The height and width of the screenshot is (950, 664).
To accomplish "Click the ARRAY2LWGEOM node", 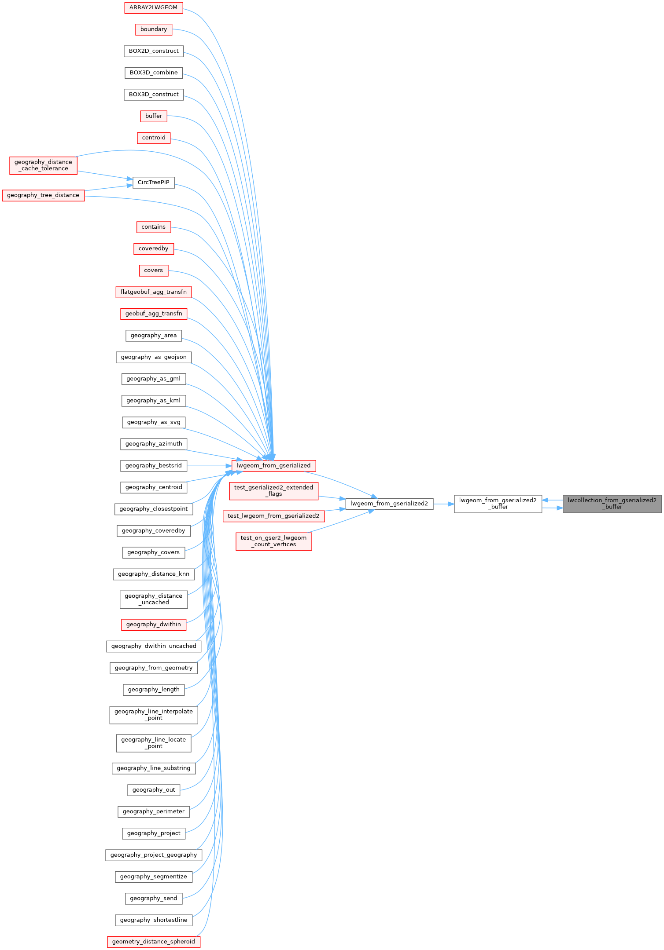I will (153, 7).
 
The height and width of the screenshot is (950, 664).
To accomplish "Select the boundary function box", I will (153, 29).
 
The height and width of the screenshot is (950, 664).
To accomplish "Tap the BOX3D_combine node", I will (153, 73).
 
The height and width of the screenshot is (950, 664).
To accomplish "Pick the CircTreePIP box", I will (153, 183).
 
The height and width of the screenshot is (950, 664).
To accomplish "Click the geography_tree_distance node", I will (43, 195).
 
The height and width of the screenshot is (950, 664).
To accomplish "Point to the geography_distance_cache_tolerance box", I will (43, 165).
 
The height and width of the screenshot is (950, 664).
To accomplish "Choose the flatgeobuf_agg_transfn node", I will (153, 292).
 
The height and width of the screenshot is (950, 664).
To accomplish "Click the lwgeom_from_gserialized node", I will (273, 465).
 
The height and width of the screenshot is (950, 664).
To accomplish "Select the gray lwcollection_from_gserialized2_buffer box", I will (612, 504).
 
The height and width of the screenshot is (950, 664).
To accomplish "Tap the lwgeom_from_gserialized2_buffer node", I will (498, 504).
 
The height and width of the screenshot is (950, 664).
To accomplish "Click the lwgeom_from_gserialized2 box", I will (389, 504).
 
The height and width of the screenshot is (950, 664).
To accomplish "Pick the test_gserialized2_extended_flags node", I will (273, 491).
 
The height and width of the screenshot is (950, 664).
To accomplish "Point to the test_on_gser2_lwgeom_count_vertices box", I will (273, 541).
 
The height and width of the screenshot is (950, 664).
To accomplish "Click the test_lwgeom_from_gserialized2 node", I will (273, 516).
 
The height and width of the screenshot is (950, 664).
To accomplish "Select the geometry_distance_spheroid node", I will (153, 942).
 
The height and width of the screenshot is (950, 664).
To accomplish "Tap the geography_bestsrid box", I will (153, 465).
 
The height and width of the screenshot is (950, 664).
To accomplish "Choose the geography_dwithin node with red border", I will (153, 625).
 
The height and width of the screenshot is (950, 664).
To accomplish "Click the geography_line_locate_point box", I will (153, 743).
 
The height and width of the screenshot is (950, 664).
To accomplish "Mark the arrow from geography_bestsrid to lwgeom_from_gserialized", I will (209, 465).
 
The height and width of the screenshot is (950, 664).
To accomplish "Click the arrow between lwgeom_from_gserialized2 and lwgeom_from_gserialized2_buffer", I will (443, 504).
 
